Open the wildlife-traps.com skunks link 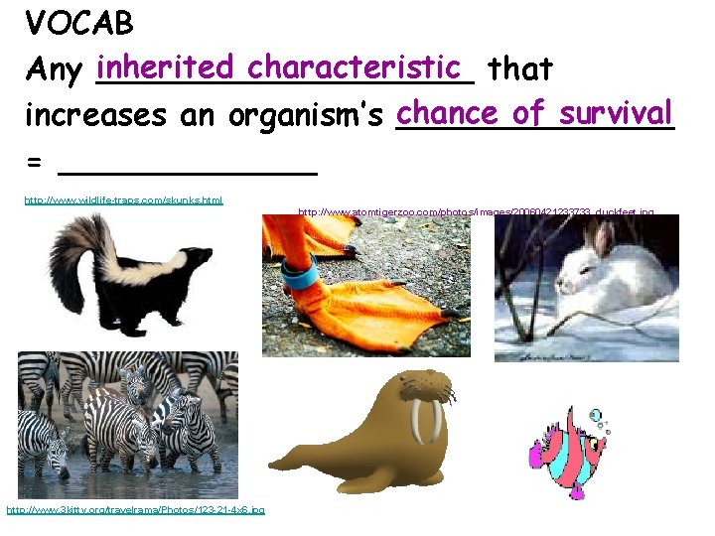123,201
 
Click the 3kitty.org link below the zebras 135,510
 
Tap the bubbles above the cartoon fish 600,421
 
